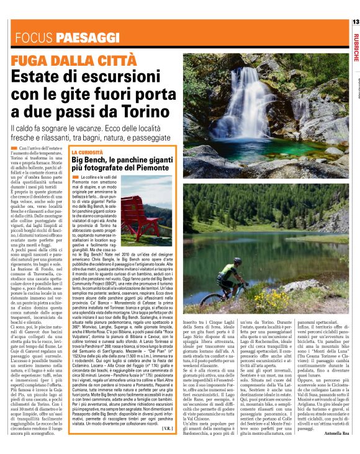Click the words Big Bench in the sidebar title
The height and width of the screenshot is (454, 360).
point(92,160)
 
